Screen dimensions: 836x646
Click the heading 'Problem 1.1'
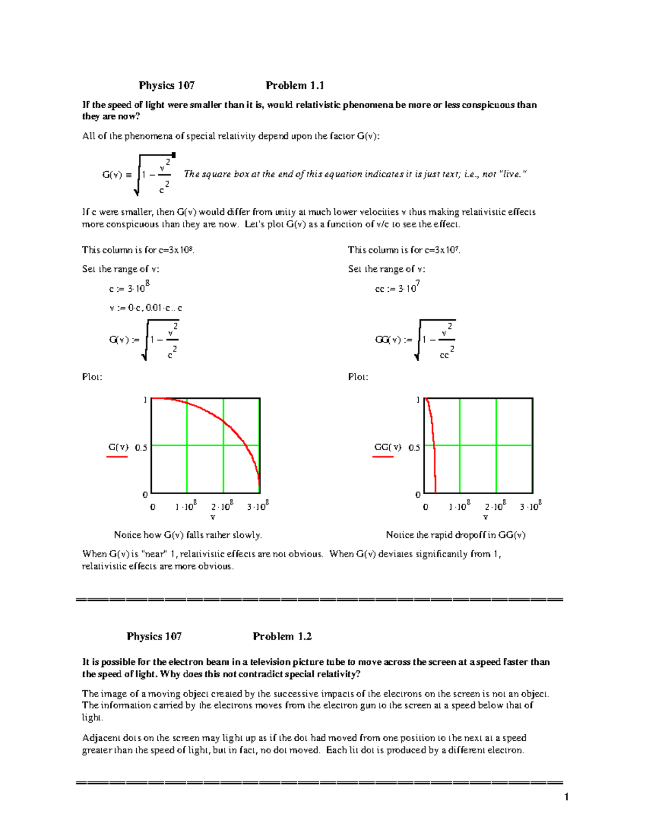[294, 86]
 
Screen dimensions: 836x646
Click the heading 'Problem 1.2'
[282, 636]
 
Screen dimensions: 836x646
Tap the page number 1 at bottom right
[566, 797]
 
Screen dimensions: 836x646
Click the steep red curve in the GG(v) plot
[432, 431]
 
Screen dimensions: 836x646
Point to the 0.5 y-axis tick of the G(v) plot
[141, 448]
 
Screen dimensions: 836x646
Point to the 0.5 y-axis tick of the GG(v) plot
[414, 448]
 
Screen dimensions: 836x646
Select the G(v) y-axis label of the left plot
[118, 447]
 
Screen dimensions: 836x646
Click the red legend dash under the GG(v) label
[383, 456]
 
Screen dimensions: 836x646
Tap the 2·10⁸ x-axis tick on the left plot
[222, 507]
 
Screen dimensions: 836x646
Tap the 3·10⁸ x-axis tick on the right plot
[530, 507]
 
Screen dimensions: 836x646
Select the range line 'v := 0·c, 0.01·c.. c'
[145, 308]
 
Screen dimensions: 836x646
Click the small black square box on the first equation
[173, 155]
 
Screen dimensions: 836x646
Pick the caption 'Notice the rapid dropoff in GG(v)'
[455, 535]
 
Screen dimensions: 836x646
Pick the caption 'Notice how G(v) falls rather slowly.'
[188, 535]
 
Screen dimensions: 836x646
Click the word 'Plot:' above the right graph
[358, 377]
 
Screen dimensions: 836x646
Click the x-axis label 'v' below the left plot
[213, 517]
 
